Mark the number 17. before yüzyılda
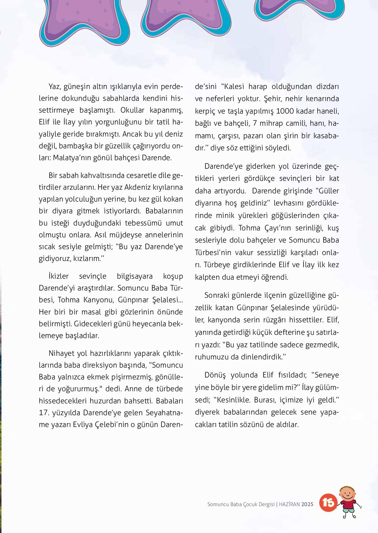click(x=44, y=412)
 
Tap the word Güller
click(x=327, y=191)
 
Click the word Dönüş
click(x=215, y=375)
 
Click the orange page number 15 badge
click(x=328, y=502)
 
